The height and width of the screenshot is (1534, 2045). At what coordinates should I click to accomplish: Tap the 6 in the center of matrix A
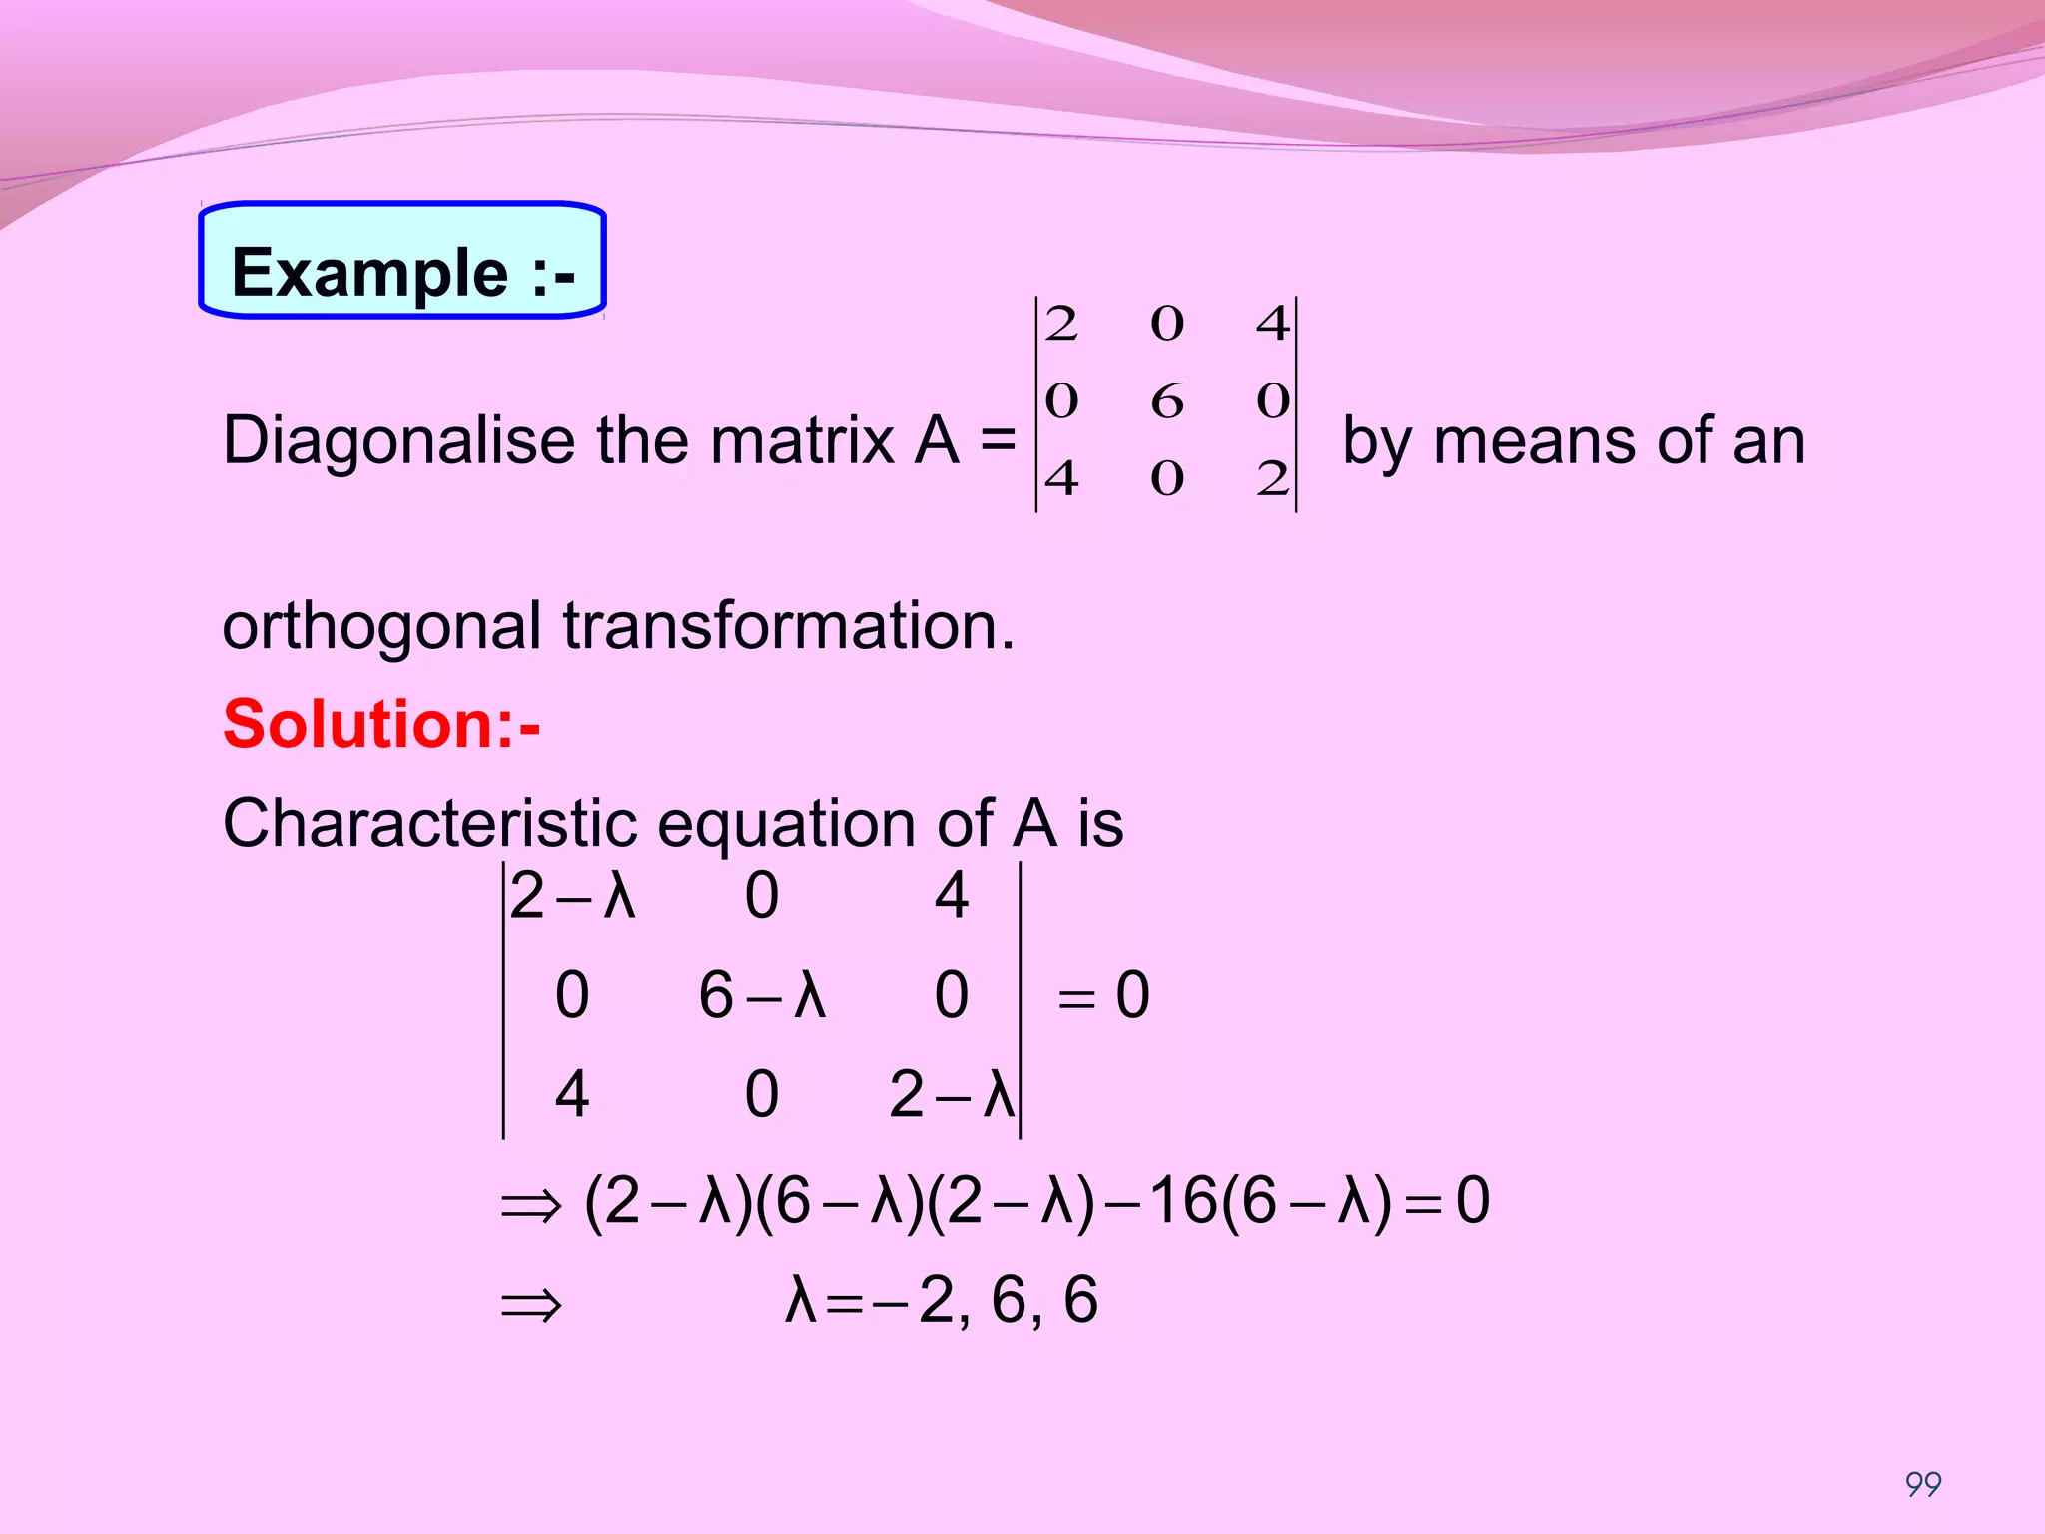coord(1166,401)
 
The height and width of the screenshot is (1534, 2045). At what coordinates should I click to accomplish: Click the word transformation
coord(789,626)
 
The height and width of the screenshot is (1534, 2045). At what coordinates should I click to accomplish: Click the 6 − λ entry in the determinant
coord(762,995)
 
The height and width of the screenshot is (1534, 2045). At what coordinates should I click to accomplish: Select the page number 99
coord(1923,1484)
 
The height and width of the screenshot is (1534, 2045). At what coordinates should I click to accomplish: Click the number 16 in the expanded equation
coord(1183,1200)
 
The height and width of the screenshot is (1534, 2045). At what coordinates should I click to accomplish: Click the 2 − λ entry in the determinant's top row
coord(572,895)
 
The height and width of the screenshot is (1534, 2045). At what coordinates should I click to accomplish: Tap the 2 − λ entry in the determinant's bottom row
coord(952,1095)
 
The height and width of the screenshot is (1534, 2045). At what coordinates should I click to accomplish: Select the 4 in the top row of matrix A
coord(1273,324)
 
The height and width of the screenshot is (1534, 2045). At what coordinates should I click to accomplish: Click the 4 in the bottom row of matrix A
coord(1061,479)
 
